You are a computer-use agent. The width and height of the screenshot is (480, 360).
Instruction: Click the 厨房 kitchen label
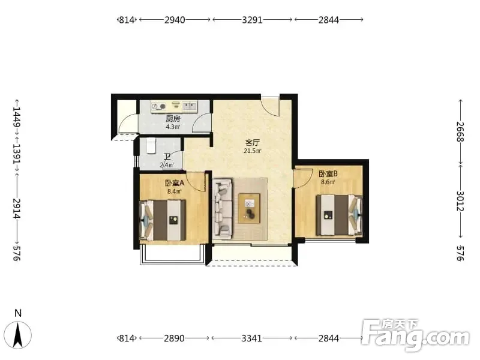pos(173,118)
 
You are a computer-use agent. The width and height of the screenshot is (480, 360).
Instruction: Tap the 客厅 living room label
pos(253,142)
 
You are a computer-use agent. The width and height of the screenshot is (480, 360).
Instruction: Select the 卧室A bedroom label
pos(175,183)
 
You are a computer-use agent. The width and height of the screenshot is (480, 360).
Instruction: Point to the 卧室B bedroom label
pos(328,174)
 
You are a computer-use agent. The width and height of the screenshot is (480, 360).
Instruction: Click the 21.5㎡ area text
pos(253,151)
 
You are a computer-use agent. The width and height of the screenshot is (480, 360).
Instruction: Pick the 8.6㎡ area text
pos(328,182)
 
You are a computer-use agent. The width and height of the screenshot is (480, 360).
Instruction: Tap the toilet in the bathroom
pos(151,145)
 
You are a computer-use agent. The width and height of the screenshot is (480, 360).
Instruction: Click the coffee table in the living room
pos(249,208)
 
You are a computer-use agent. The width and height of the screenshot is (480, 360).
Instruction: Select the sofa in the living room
pos(223,209)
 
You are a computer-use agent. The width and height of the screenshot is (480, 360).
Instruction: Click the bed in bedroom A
pos(163,220)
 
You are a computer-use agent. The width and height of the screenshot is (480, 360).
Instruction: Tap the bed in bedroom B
pos(339,215)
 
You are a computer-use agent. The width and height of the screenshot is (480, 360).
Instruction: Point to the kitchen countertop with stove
pos(174,107)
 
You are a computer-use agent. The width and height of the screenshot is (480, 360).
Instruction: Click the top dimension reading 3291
pos(252,20)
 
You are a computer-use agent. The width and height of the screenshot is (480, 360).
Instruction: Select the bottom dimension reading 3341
pos(251,338)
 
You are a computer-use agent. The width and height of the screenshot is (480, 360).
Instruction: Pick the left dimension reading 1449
pos(17,116)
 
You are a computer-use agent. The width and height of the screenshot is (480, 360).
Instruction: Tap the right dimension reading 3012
pos(460,201)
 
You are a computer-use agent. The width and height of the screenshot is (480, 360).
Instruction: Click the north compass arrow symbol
pos(19,335)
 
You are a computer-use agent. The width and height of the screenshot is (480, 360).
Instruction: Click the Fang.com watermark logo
pos(416,335)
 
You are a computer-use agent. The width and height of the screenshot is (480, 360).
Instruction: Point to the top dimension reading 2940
pos(175,20)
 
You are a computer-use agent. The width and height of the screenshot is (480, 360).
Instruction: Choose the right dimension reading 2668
pos(460,131)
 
